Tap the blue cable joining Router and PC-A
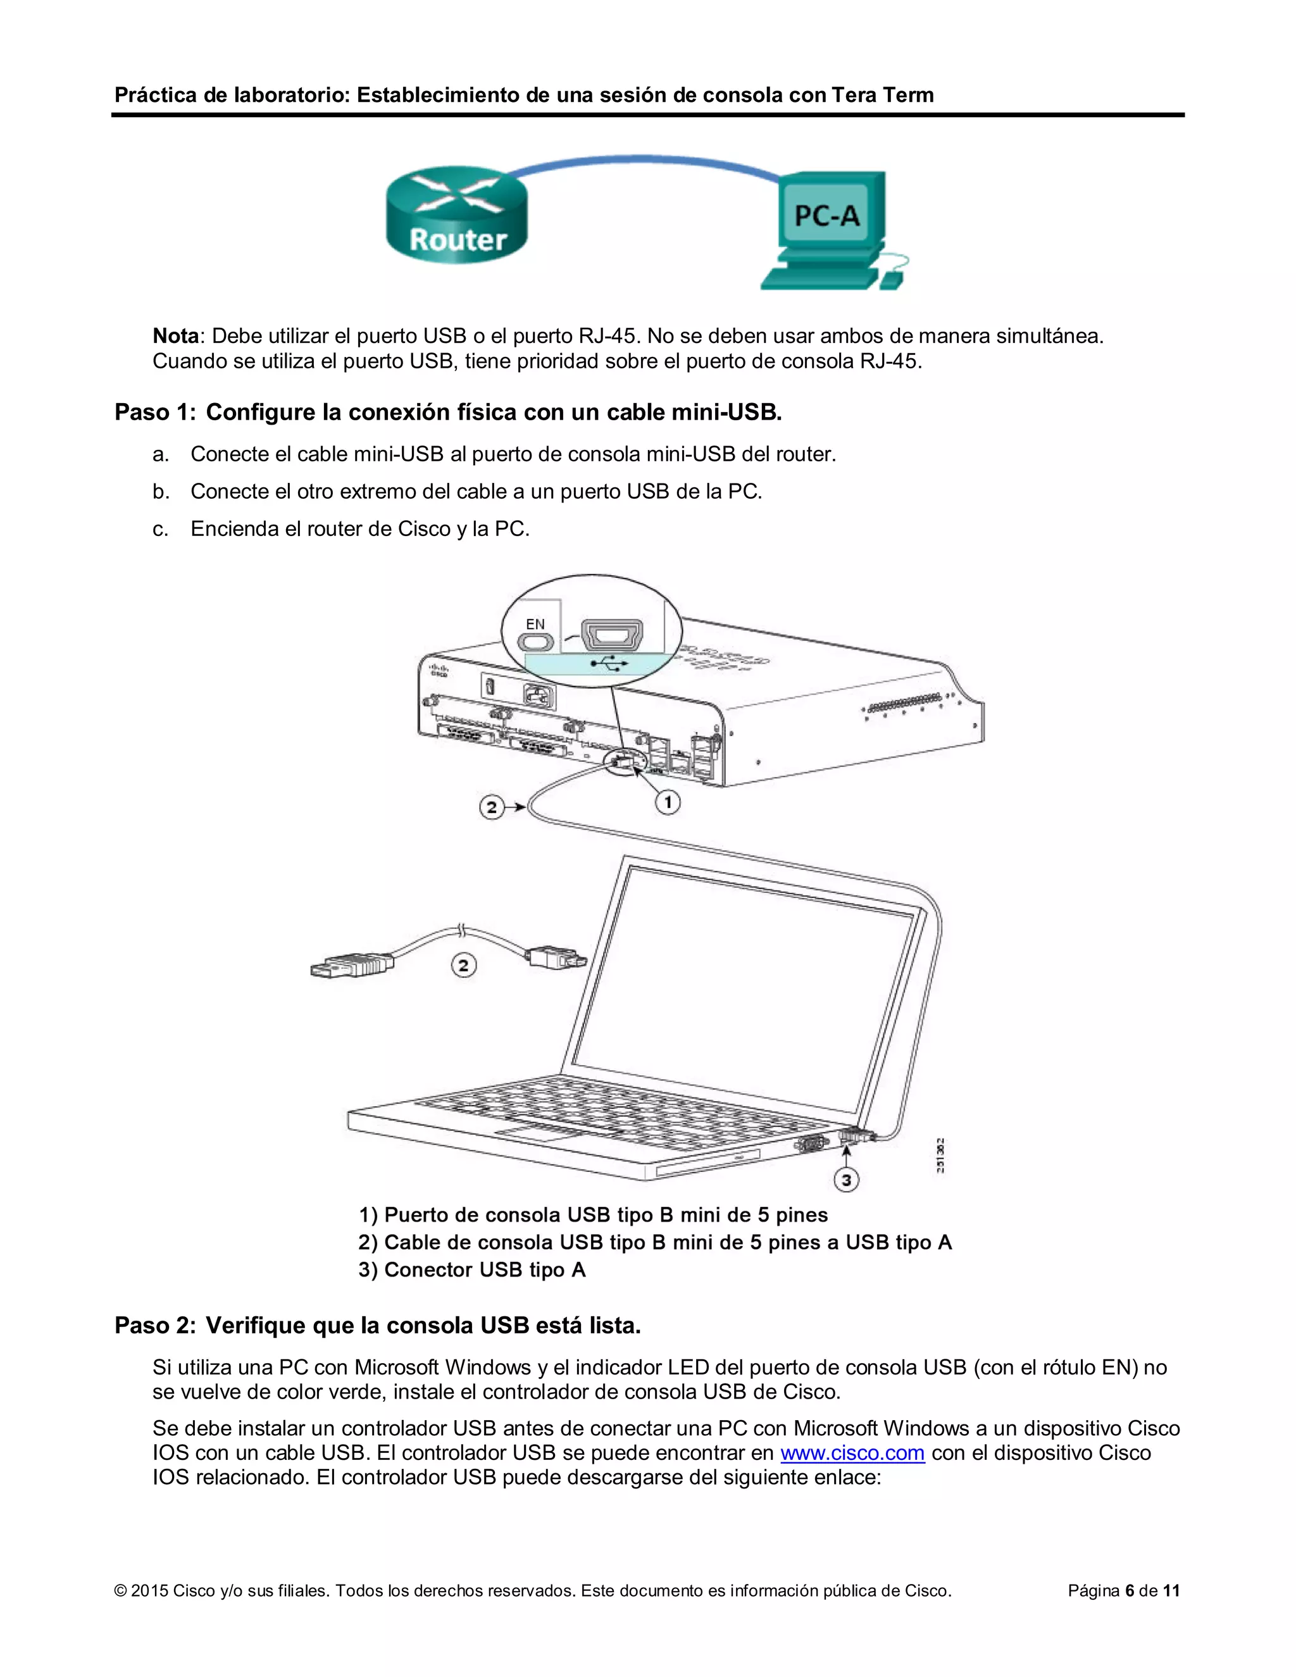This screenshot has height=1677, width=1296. coord(645,158)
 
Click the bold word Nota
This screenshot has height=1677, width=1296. coord(176,336)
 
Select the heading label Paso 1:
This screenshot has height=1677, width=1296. coord(154,413)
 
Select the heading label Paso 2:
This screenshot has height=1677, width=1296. coord(154,1325)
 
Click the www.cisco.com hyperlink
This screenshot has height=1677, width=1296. coord(852,1453)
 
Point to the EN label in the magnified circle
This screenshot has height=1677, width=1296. coord(535,624)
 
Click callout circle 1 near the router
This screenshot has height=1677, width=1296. coord(667,802)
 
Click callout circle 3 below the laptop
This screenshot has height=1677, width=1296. coord(846,1180)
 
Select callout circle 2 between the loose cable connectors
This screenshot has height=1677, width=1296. coord(463,964)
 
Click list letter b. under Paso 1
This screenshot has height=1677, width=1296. coord(161,492)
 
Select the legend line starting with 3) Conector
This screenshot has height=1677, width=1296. coord(471,1270)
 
